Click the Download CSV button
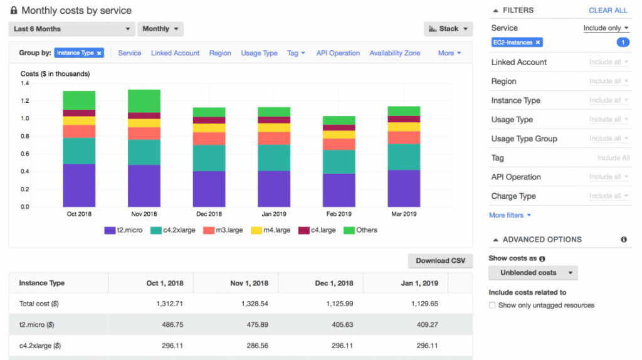click(440, 260)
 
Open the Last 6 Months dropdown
click(71, 29)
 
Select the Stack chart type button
click(448, 29)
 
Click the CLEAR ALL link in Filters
click(608, 11)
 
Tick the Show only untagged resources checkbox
click(493, 305)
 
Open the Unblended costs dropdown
click(533, 273)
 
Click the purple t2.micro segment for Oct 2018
click(79, 185)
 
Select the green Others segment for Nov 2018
click(144, 101)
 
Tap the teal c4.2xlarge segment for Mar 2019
click(404, 157)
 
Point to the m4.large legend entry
click(270, 230)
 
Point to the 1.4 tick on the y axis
click(25, 83)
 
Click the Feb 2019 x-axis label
click(339, 214)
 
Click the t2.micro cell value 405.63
click(339, 325)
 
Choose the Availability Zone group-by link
click(394, 53)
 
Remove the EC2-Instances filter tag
click(537, 43)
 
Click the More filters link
click(510, 215)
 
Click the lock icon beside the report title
click(14, 11)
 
